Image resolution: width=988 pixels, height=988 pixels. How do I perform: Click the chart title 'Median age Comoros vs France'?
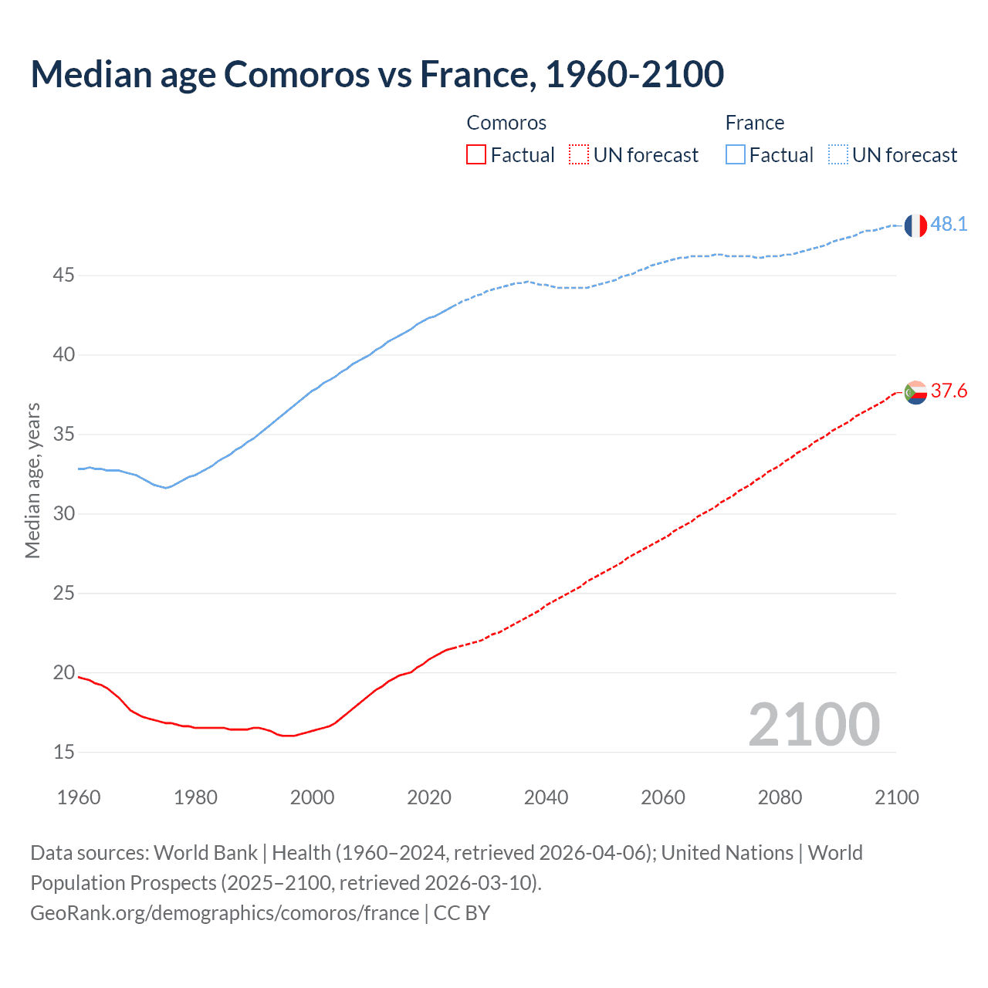377,74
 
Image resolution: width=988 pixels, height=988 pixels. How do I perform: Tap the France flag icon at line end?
915,225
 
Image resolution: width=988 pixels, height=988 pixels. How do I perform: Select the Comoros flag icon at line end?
915,392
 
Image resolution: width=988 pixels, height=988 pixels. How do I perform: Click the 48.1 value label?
949,224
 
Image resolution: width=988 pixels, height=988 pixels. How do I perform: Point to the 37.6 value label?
949,391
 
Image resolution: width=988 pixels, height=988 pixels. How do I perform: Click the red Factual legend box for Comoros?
476,155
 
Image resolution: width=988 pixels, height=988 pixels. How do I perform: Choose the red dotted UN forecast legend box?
579,155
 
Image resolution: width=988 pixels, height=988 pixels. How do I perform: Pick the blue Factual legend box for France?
735,155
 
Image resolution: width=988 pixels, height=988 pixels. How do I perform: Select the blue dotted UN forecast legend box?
837,155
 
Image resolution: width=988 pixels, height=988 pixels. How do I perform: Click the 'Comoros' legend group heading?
506,123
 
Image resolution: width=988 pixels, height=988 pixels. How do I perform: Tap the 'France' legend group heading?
754,123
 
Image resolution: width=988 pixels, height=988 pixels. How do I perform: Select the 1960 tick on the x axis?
79,797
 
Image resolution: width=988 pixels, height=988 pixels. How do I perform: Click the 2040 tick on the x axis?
546,797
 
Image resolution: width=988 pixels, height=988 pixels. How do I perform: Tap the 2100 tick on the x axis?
896,797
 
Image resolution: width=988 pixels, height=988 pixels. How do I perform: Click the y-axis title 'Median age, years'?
32,480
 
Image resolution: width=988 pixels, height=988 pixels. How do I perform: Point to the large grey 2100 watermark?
814,724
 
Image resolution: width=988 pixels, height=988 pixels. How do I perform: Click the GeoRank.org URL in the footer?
225,913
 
